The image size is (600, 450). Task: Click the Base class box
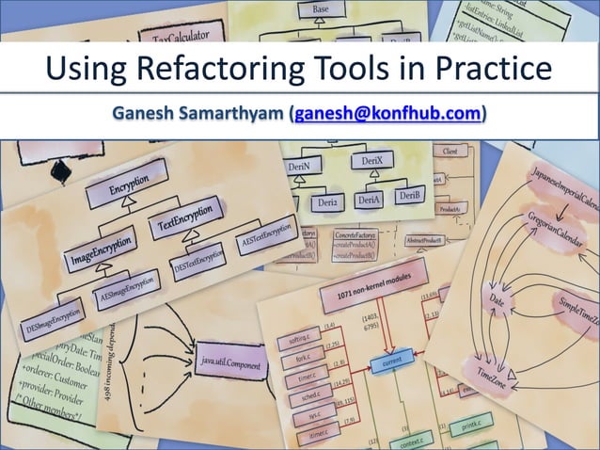[x=321, y=9]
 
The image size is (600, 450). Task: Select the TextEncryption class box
[x=185, y=216]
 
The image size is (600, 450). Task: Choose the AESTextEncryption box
[x=266, y=231]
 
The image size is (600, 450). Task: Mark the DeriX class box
[x=371, y=163]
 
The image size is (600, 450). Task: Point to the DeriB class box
[x=409, y=196]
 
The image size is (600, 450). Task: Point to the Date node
[x=497, y=299]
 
